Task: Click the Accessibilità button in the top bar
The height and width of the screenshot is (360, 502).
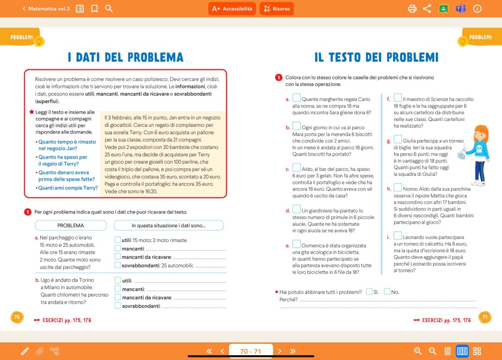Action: point(232,9)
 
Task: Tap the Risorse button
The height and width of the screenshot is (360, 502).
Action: point(276,9)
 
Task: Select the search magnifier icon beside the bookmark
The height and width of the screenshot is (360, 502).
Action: point(109,9)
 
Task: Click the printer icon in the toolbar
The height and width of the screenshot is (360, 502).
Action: point(412,9)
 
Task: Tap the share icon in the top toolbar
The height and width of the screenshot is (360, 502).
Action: point(427,9)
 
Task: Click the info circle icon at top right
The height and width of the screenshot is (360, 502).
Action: point(477,9)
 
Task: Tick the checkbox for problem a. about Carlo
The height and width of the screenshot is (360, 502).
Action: point(297,98)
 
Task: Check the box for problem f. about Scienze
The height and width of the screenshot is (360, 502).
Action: point(398,98)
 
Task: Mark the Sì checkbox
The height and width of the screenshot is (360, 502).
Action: point(369,291)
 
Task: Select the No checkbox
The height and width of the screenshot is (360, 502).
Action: point(387,291)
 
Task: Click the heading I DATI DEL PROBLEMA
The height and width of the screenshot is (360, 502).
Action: point(125,57)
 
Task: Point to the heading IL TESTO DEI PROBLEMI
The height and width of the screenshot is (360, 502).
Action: point(376,57)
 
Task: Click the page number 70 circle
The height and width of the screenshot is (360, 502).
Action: point(17,317)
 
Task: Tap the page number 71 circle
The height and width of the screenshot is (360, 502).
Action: point(484,317)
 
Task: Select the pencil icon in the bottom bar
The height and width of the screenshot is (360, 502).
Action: point(25,351)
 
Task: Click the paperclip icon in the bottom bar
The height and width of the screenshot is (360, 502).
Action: point(39,351)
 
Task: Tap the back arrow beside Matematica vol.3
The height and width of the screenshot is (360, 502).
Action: point(24,9)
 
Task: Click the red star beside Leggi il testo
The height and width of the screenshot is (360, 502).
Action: point(32,112)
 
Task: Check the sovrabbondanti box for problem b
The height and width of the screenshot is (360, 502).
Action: point(118,306)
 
